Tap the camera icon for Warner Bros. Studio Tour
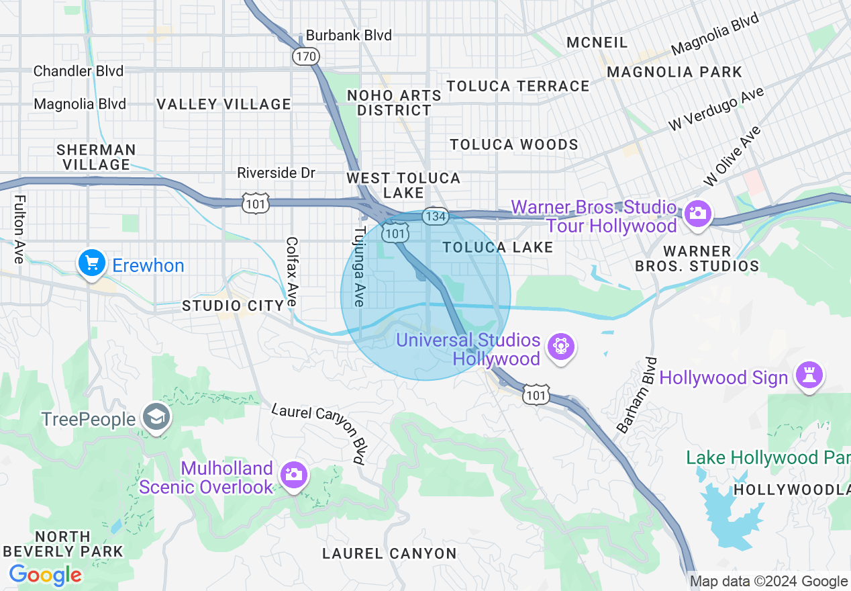(x=698, y=214)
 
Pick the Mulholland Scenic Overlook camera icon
(x=294, y=475)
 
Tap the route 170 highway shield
(x=305, y=56)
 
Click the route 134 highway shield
(x=436, y=216)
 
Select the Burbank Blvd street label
(x=348, y=35)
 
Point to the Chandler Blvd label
(x=79, y=71)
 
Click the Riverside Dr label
(x=276, y=173)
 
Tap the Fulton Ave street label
(x=19, y=229)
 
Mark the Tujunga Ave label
(x=360, y=267)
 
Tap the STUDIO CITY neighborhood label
(x=234, y=306)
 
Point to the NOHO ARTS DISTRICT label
(x=394, y=103)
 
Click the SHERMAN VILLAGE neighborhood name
(x=97, y=157)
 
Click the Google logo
(x=45, y=575)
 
